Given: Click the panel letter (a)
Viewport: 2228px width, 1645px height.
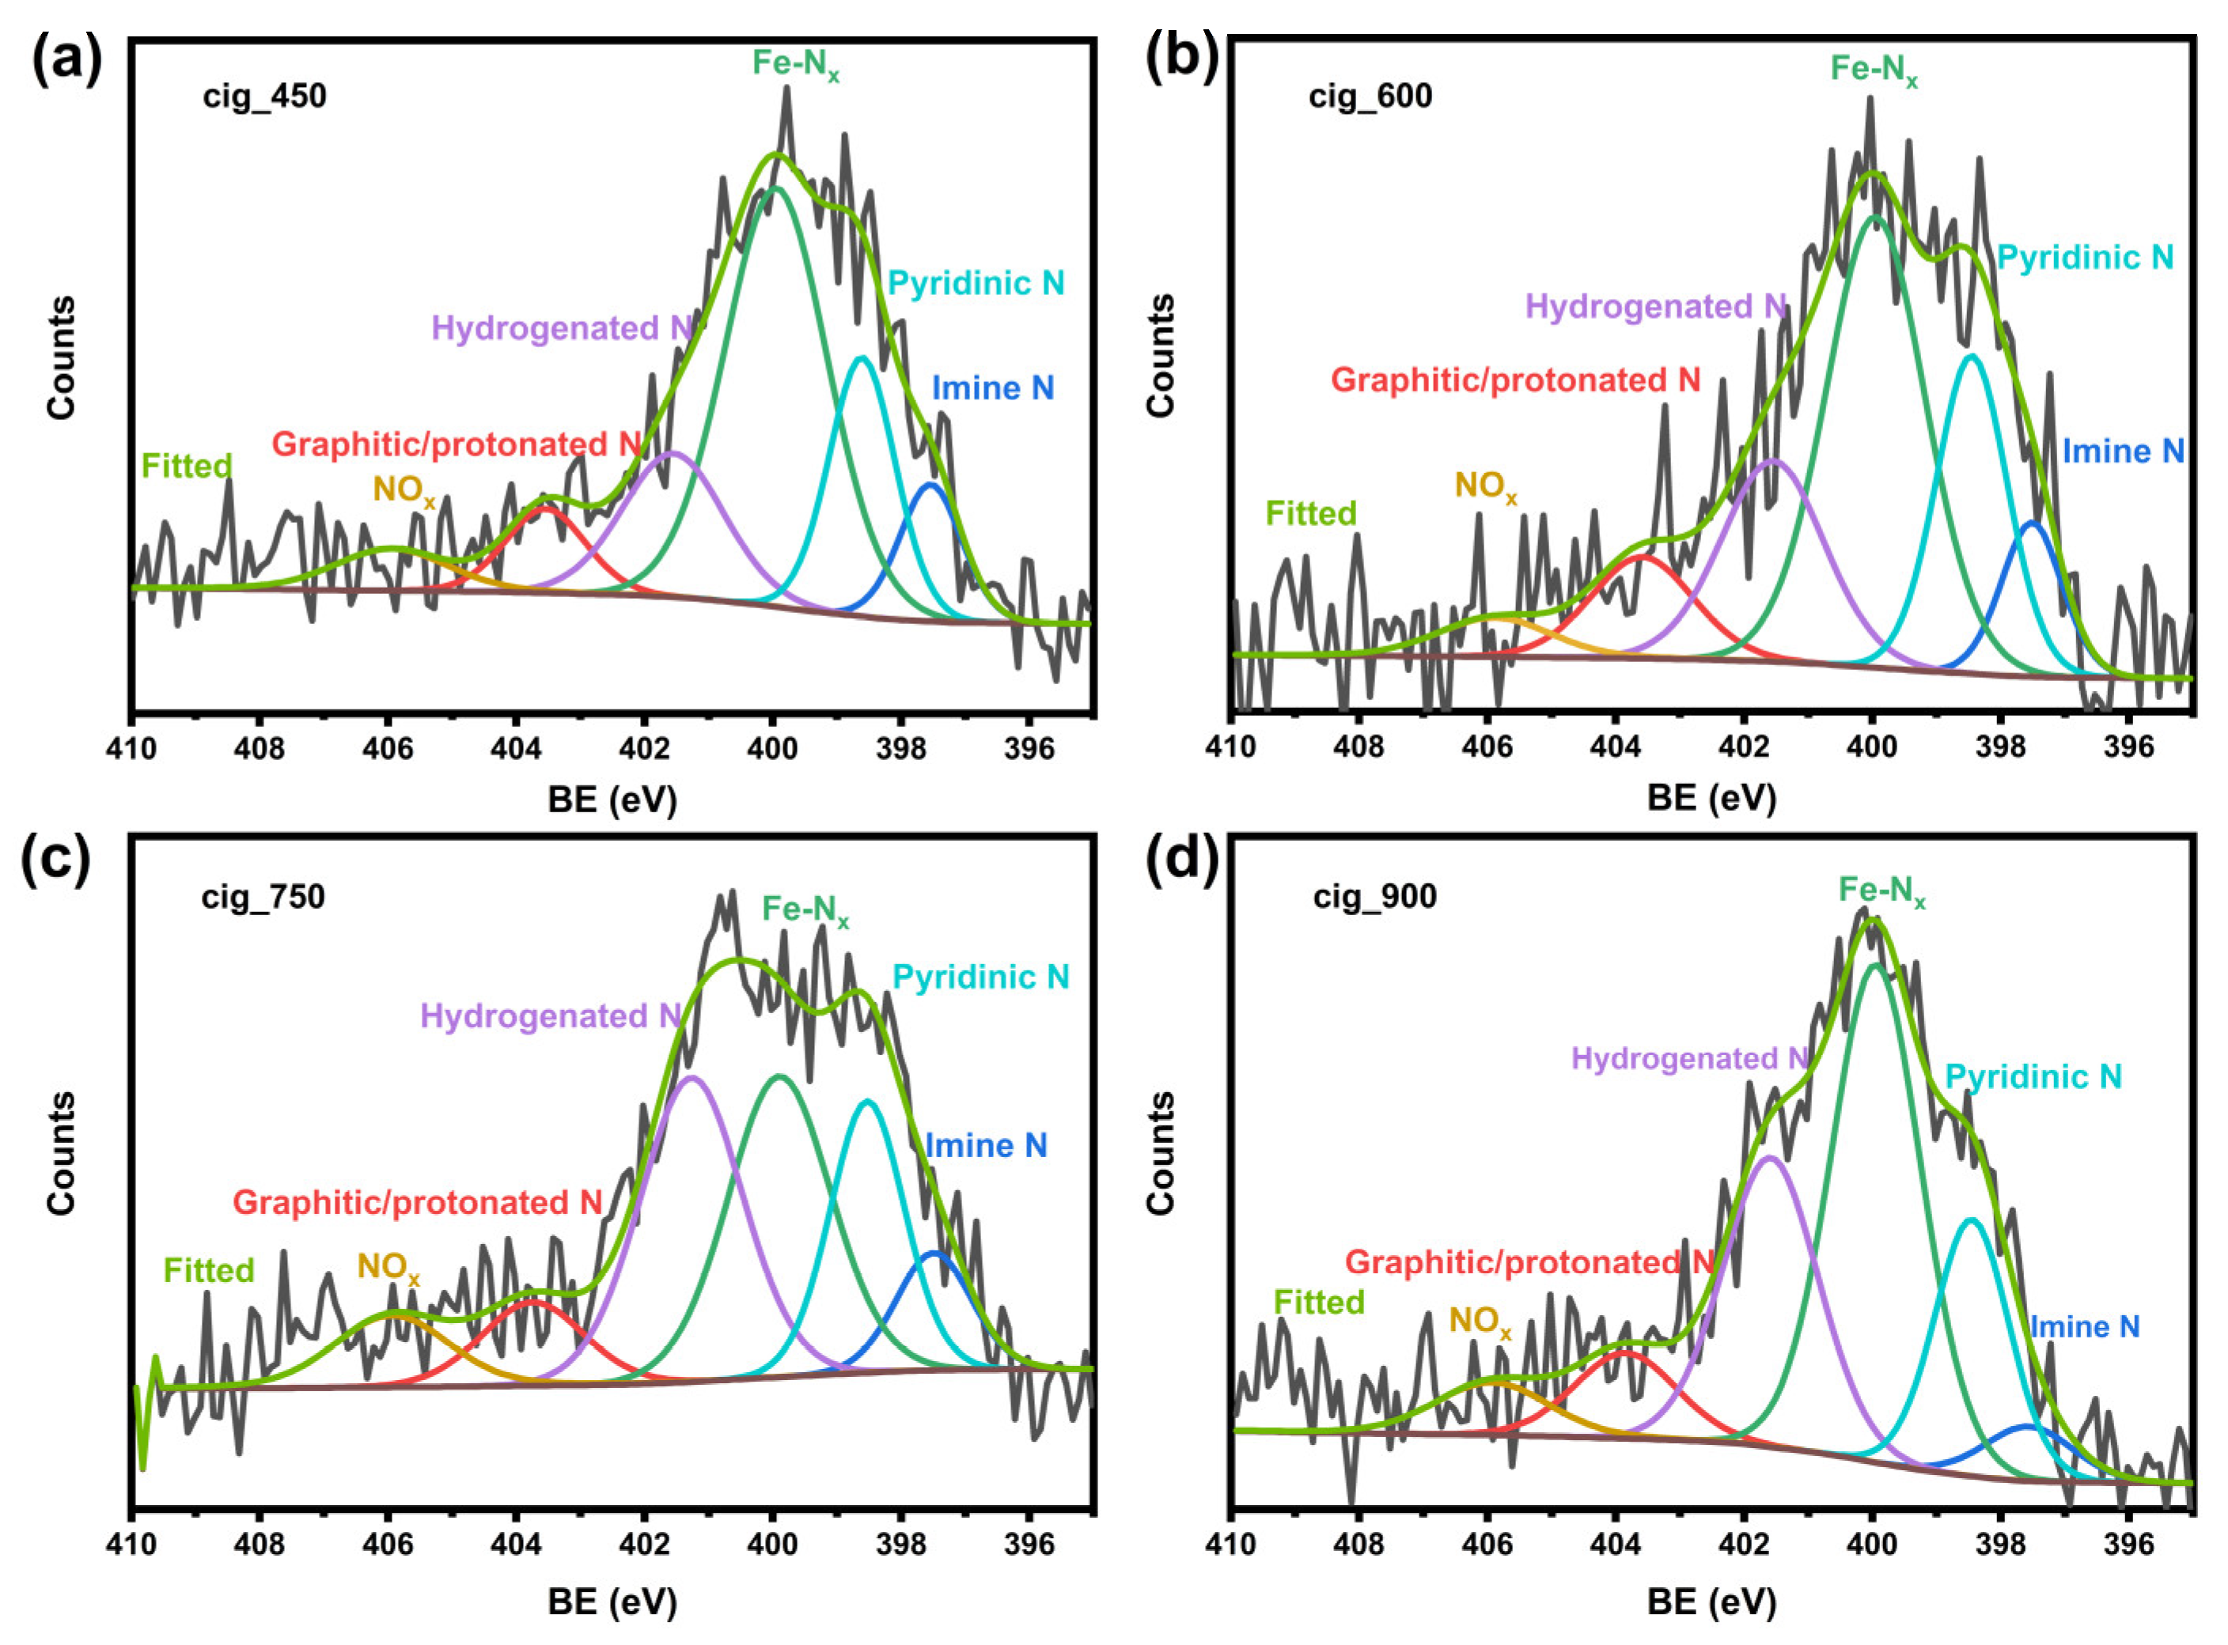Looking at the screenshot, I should pos(66,62).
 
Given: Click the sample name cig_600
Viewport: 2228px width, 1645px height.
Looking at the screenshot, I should pos(1370,96).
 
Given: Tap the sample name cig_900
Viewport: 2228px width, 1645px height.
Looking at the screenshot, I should pos(1374,897).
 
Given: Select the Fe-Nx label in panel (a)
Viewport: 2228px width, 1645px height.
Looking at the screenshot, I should pos(795,66).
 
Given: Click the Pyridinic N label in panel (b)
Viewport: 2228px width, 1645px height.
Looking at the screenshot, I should pos(2085,258).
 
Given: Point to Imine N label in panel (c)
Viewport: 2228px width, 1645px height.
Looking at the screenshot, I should pos(986,1146).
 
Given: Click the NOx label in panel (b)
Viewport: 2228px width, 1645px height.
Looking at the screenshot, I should pos(1485,487).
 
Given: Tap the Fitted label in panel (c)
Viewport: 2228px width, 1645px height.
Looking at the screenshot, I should pos(209,1271).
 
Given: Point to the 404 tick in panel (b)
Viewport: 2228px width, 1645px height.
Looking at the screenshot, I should pos(1616,748).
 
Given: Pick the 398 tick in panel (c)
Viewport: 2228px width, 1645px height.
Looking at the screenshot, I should pos(901,1545).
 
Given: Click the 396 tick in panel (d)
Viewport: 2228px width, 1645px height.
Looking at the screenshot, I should pos(2128,1545).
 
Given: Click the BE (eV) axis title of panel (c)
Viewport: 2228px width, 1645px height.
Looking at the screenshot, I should pos(612,1602).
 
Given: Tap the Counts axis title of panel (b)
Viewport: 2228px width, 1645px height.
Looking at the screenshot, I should pos(1161,355).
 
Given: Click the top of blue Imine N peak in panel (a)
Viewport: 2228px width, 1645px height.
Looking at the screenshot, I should pos(931,485).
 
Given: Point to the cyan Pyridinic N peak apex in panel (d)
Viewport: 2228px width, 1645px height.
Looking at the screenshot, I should pos(1971,1219).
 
